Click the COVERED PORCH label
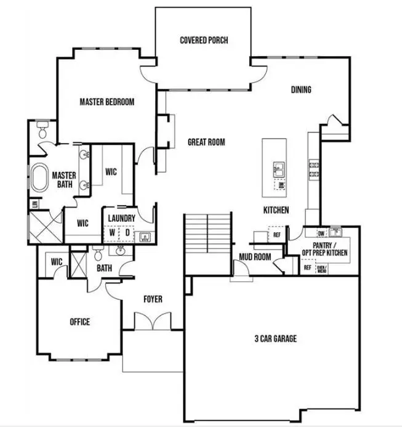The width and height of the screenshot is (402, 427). [x=204, y=40]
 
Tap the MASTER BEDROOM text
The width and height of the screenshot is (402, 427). [x=107, y=102]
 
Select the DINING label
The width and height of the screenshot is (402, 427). [x=301, y=90]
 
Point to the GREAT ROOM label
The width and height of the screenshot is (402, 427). [x=206, y=142]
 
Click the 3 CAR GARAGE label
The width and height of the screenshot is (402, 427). [x=276, y=338]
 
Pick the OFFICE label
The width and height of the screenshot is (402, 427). [x=79, y=322]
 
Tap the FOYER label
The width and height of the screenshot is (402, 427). [x=153, y=299]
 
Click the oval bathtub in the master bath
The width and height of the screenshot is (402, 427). [x=39, y=178]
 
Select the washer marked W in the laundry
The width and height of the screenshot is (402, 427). [x=112, y=234]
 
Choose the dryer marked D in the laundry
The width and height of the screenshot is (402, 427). [x=128, y=234]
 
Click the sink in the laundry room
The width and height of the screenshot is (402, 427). [x=146, y=235]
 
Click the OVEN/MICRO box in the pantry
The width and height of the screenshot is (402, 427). [x=321, y=269]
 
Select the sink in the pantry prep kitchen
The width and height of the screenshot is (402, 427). [x=335, y=232]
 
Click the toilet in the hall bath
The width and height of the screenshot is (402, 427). [x=97, y=253]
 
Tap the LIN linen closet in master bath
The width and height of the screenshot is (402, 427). [x=34, y=203]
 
